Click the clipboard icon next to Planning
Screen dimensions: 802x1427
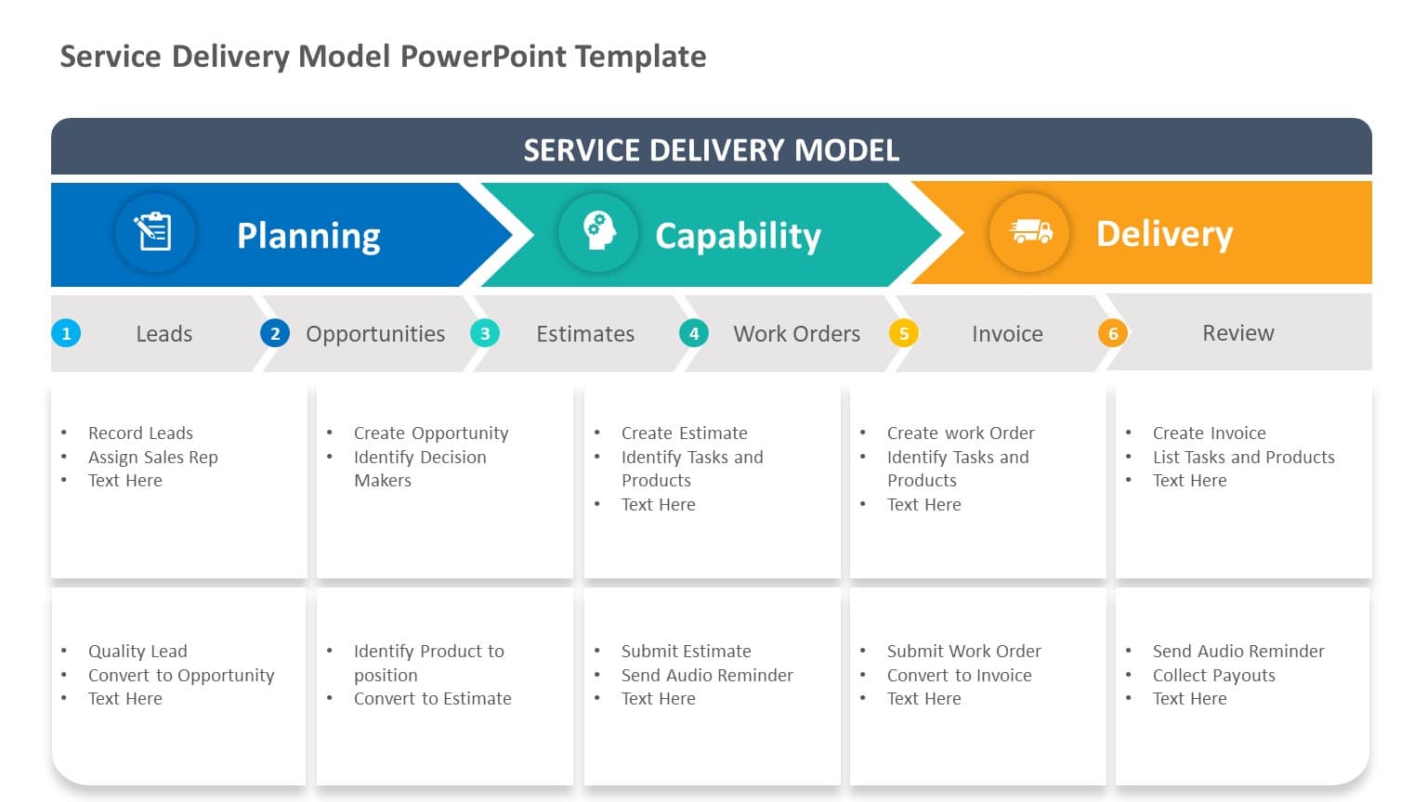[x=154, y=232]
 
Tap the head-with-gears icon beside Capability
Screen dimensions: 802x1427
[x=598, y=232]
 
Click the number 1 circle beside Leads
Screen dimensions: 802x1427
[x=66, y=333]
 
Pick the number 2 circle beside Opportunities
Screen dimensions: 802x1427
[x=275, y=333]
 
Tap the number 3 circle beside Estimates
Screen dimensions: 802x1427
[x=485, y=333]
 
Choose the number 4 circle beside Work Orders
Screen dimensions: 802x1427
[x=694, y=333]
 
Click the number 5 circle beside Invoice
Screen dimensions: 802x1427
[x=904, y=333]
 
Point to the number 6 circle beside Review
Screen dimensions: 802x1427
[x=1113, y=333]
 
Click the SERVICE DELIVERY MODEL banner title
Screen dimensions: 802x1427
[x=712, y=150]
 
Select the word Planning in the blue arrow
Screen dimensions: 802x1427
[x=308, y=236]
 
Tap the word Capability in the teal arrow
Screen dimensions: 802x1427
[x=738, y=236]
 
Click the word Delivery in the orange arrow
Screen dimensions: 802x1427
[x=1164, y=234]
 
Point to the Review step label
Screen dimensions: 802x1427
[x=1237, y=333]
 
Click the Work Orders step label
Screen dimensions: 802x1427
[x=796, y=334]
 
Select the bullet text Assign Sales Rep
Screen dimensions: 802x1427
[x=153, y=457]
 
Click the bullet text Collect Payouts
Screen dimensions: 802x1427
[x=1213, y=675]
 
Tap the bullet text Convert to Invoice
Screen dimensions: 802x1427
[x=959, y=675]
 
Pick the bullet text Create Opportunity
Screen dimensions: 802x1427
[x=431, y=433]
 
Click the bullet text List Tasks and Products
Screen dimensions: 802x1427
[x=1243, y=457]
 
